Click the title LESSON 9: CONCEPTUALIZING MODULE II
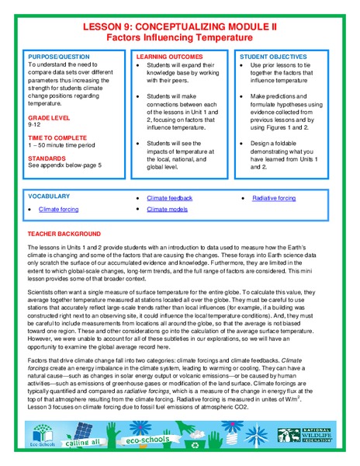(179, 26)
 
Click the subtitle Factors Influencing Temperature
(179, 37)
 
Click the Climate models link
(167, 210)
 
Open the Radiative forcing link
(274, 198)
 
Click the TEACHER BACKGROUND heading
(64, 233)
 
